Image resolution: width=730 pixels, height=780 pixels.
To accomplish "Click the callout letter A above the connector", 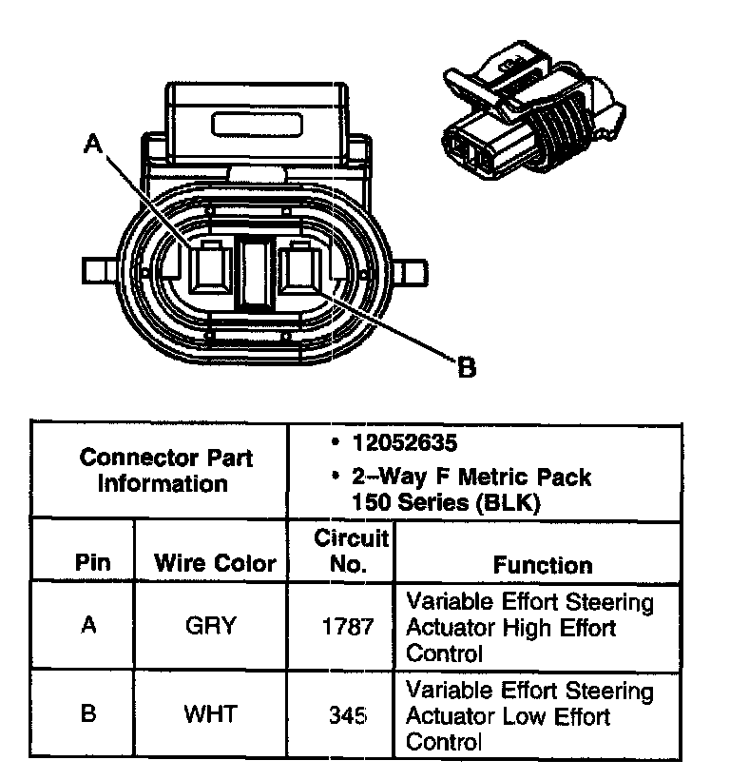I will tap(92, 144).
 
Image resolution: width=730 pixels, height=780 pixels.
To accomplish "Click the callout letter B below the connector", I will tap(467, 366).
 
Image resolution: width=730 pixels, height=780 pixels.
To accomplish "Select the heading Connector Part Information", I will tap(165, 470).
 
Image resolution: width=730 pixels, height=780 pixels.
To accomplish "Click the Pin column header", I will tap(91, 563).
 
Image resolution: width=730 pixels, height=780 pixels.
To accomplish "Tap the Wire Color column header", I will tap(215, 563).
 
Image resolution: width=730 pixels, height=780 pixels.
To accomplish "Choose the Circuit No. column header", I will tap(351, 552).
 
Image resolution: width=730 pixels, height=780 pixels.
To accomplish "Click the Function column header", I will tap(542, 565).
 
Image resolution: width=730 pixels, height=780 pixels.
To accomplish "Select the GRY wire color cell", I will tap(212, 627).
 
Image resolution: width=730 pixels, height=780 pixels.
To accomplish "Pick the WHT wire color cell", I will tap(212, 712).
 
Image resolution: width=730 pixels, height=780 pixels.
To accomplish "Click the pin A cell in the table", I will tap(88, 627).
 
